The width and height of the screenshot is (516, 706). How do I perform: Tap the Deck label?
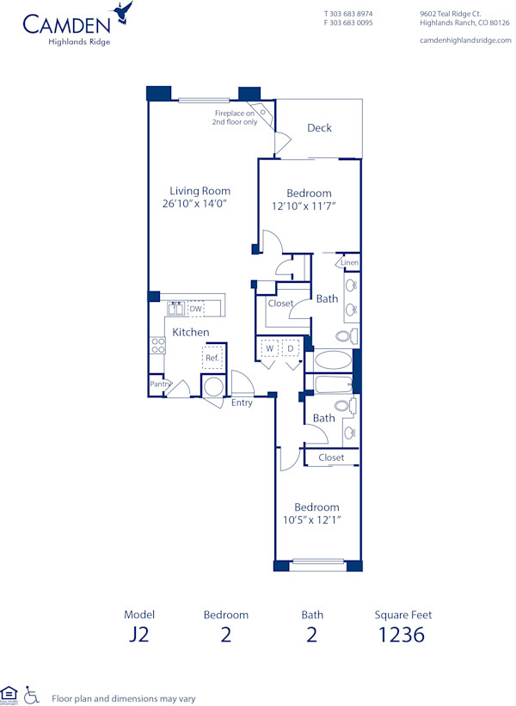319,128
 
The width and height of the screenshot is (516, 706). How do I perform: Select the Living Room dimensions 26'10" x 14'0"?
193,204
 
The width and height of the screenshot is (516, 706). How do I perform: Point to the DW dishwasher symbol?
195,309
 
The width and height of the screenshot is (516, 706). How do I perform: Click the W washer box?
269,349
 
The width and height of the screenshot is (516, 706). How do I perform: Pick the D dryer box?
292,349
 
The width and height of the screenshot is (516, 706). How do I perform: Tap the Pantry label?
158,384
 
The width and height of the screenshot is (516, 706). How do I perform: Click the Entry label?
242,402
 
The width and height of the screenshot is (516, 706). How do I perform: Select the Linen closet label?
349,263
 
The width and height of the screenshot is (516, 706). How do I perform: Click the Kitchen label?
190,332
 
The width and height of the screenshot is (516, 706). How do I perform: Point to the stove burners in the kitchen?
157,346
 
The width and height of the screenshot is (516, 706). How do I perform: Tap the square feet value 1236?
402,635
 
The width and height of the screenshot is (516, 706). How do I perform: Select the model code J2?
138,635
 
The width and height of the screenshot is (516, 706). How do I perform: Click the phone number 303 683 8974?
352,14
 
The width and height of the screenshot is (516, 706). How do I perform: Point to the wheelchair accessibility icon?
32,694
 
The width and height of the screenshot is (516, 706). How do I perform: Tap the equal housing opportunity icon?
9,693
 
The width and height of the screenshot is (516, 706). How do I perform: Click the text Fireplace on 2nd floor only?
235,118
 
